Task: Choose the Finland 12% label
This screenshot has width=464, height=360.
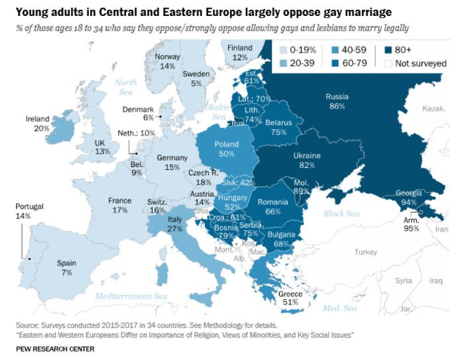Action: coord(240,52)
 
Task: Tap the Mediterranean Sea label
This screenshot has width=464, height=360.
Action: coord(132,296)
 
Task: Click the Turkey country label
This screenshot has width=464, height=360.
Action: coord(365,252)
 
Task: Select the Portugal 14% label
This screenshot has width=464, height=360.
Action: coord(28,211)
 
